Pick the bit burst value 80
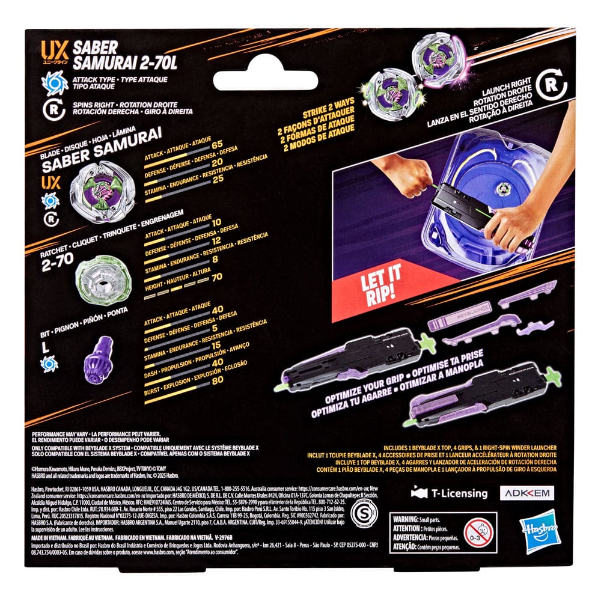tap(218, 397)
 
